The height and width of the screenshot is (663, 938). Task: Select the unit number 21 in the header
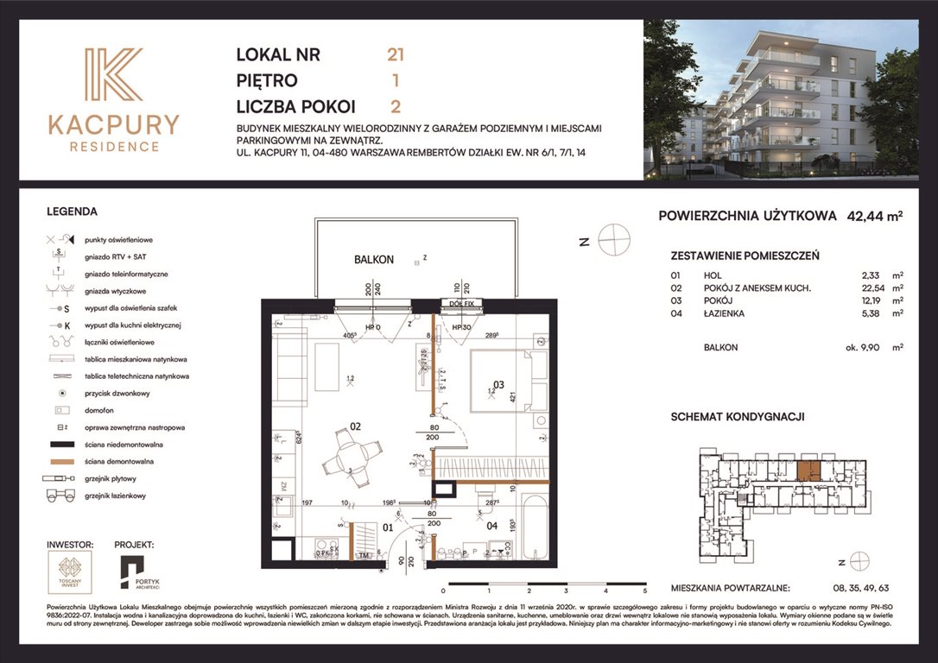point(396,55)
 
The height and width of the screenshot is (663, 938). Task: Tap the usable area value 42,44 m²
point(874,217)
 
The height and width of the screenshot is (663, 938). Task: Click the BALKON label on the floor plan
point(373,259)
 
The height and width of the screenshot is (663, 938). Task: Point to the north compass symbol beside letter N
point(614,240)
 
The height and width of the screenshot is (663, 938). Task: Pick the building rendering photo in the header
point(781,99)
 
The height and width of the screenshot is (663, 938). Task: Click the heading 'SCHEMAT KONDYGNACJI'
point(738,416)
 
